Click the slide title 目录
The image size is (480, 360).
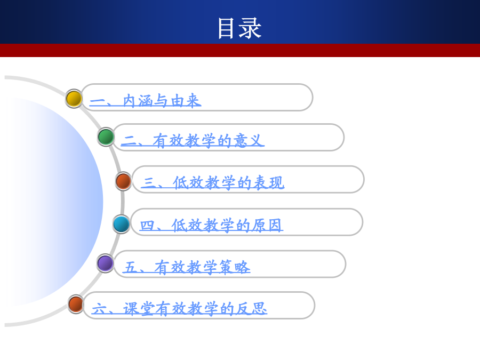coord(239,28)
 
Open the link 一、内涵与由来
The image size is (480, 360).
coord(146,100)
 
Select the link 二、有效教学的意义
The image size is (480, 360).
coord(193,141)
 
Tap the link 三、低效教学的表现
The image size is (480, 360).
coord(212,183)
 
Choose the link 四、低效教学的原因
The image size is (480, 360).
coord(211,225)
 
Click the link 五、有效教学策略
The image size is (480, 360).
coord(187,267)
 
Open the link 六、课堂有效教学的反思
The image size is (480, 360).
coord(179,309)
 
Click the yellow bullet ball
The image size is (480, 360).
coord(74,99)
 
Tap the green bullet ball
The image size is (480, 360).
coord(106,137)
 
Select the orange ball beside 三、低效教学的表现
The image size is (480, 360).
coord(123,181)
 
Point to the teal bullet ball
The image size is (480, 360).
coord(121,224)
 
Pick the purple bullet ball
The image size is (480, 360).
coord(105,263)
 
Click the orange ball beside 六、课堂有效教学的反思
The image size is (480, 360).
coord(76,304)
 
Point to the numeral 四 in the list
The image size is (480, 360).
coord(147,226)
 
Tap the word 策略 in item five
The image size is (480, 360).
coord(235,267)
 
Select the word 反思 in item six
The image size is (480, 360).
coord(251,309)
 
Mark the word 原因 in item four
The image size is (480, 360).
coord(267,225)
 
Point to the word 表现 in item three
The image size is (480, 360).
coord(269,183)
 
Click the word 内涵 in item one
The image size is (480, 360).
coord(138,100)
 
